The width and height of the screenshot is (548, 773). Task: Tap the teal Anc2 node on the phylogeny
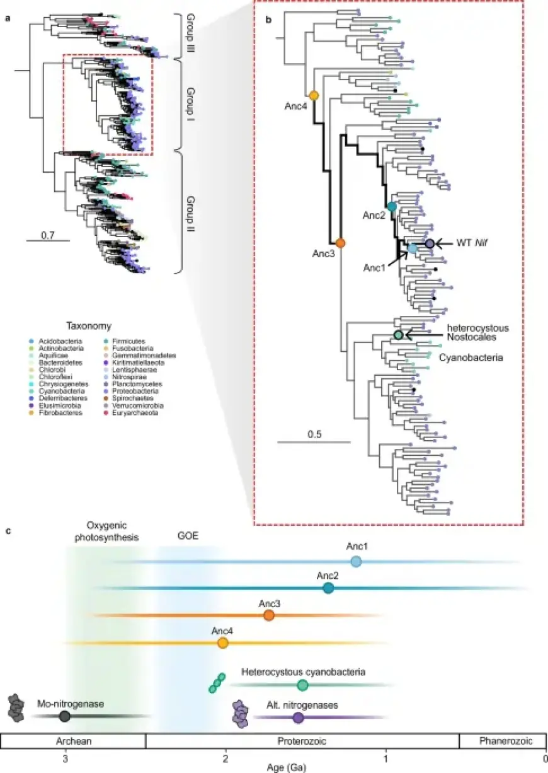pos(392,206)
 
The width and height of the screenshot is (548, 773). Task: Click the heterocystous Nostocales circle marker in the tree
pos(398,335)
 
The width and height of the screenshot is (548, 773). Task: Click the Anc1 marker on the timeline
pos(356,562)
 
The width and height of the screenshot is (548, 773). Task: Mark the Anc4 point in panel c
pos(222,642)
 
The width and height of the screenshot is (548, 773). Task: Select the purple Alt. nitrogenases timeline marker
pos(298,717)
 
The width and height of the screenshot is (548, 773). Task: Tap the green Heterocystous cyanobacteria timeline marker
pos(302,685)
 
